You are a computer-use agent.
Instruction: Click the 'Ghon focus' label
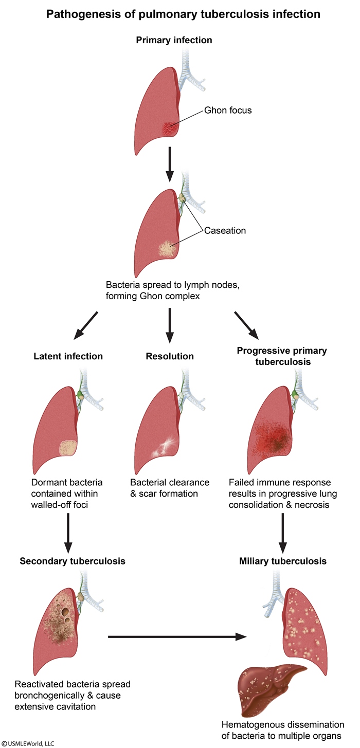point(228,110)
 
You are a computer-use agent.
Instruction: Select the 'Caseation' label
point(225,230)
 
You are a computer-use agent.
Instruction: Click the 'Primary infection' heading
point(174,40)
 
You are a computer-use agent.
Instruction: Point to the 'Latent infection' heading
point(68,356)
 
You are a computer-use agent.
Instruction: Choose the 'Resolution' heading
point(170,356)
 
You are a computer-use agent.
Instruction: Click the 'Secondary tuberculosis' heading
point(73,561)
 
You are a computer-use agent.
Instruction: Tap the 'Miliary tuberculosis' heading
point(283,561)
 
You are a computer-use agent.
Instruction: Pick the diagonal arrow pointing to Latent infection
point(85,325)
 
